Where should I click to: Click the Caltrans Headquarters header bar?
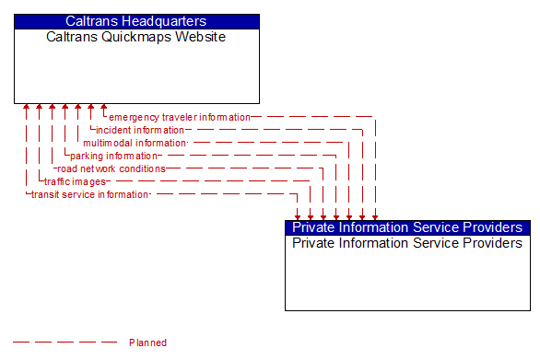tap(136, 21)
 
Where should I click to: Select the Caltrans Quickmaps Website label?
tap(136, 38)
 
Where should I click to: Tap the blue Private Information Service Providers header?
tap(407, 227)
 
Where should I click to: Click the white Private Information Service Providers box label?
tap(407, 244)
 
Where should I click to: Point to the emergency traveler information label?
tap(180, 118)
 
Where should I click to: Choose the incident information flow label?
tap(140, 131)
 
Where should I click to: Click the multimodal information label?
tap(135, 144)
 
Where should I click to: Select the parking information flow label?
tap(113, 157)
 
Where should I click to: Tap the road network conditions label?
tap(111, 169)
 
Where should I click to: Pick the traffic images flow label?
tap(75, 182)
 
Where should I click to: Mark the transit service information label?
tap(89, 195)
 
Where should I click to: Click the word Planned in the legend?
tap(147, 343)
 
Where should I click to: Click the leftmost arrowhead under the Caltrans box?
tap(27, 108)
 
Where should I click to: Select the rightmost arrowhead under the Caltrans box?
tap(104, 108)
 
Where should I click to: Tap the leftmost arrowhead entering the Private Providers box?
tap(298, 216)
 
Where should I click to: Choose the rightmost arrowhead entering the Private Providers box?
tap(375, 216)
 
